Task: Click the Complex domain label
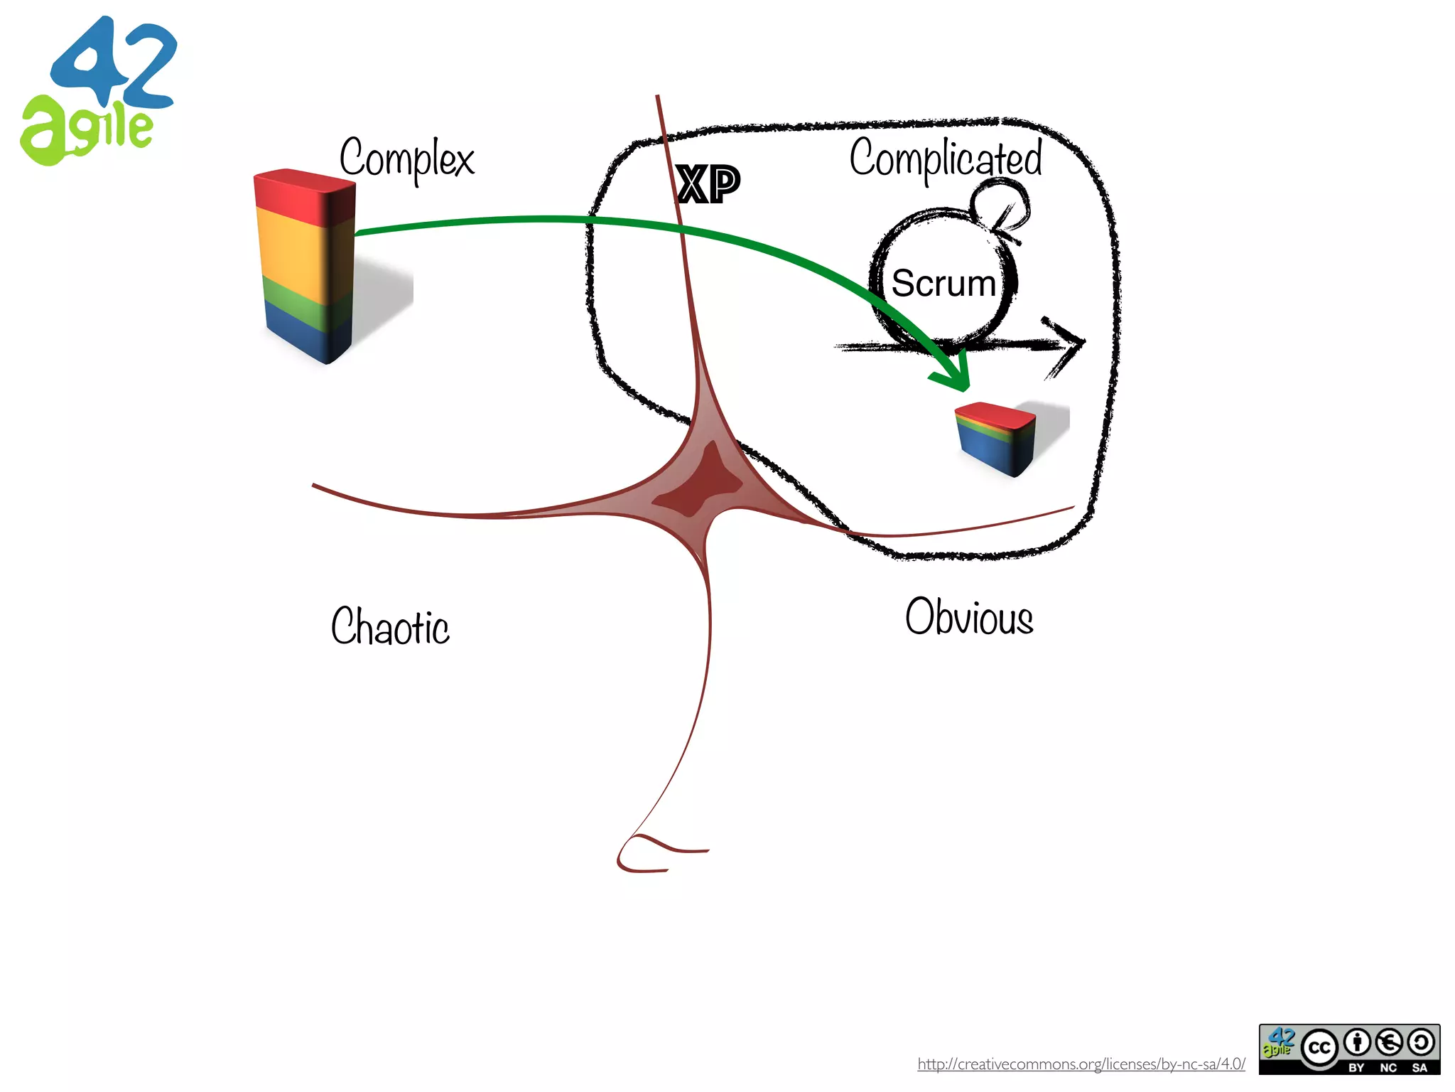click(x=406, y=159)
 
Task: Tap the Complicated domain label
click(x=946, y=159)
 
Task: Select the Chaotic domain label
click(x=390, y=626)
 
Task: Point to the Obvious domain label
click(x=969, y=616)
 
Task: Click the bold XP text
click(x=708, y=185)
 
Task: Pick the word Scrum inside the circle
click(x=943, y=283)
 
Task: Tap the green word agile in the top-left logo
click(x=85, y=132)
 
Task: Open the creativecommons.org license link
click(x=1081, y=1064)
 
